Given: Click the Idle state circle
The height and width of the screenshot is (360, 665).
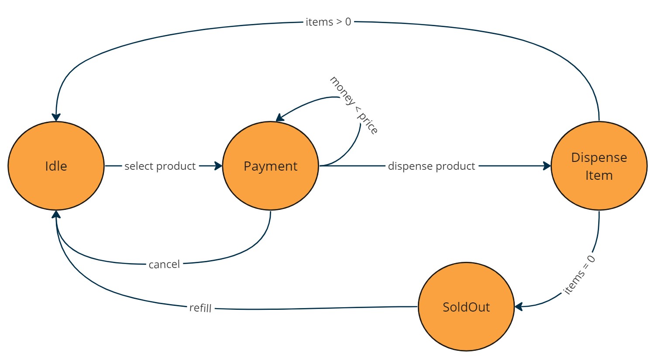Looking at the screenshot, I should click(56, 166).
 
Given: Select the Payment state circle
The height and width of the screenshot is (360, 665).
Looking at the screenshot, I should click(270, 166).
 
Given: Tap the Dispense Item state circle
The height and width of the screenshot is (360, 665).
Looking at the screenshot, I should click(599, 166).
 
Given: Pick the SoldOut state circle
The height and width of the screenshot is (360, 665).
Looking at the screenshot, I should click(466, 307).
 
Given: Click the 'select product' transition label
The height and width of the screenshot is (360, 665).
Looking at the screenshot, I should click(160, 166).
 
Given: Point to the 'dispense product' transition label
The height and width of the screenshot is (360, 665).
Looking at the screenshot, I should click(431, 166).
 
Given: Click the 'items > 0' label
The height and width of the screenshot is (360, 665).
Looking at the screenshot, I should click(328, 22).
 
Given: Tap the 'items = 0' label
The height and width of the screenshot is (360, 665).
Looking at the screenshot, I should click(579, 275).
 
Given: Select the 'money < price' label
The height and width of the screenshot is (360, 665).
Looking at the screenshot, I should click(353, 105).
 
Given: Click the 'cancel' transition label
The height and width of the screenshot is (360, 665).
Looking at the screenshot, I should click(164, 264).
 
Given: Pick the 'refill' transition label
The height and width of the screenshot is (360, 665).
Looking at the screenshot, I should click(200, 308).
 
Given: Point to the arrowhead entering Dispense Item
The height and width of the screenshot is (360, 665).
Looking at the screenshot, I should click(547, 166).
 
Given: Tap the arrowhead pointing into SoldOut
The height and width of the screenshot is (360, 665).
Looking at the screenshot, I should click(519, 307).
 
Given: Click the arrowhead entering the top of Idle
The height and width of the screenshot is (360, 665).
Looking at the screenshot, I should click(56, 117).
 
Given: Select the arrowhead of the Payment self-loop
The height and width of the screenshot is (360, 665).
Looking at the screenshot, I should click(280, 117).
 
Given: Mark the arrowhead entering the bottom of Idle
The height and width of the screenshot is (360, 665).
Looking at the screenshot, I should click(56, 214).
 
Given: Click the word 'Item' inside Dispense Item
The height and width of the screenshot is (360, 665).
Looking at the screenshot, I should click(599, 175).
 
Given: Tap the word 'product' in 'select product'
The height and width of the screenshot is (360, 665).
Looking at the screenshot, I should click(176, 166).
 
